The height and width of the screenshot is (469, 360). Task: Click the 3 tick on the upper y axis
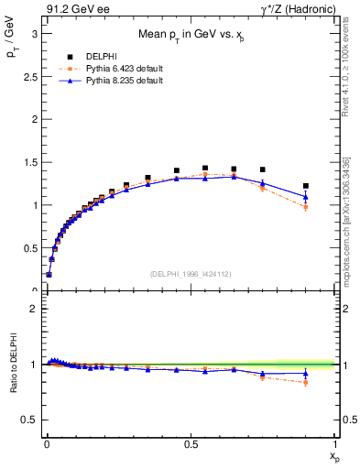click(x=32, y=33)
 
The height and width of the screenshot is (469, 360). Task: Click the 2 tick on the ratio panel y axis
click(x=32, y=309)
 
